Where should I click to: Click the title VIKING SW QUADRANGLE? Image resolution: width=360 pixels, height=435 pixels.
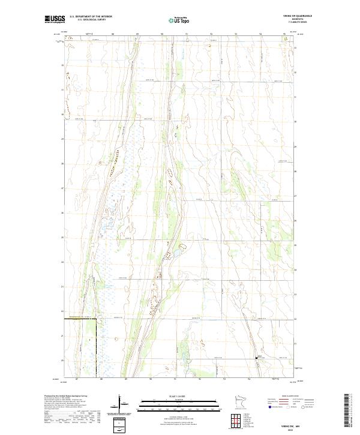tap(300, 16)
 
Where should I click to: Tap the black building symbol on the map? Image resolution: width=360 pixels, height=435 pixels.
tap(259, 358)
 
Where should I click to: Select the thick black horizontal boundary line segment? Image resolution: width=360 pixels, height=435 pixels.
tap(80, 319)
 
